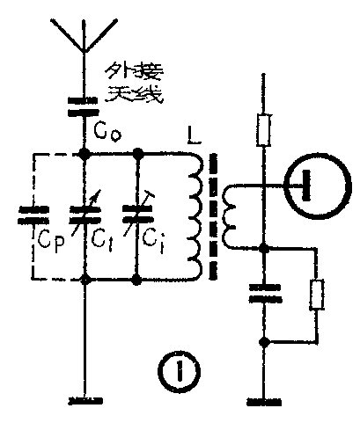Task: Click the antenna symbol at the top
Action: tap(84, 34)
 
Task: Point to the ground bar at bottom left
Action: tap(84, 400)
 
